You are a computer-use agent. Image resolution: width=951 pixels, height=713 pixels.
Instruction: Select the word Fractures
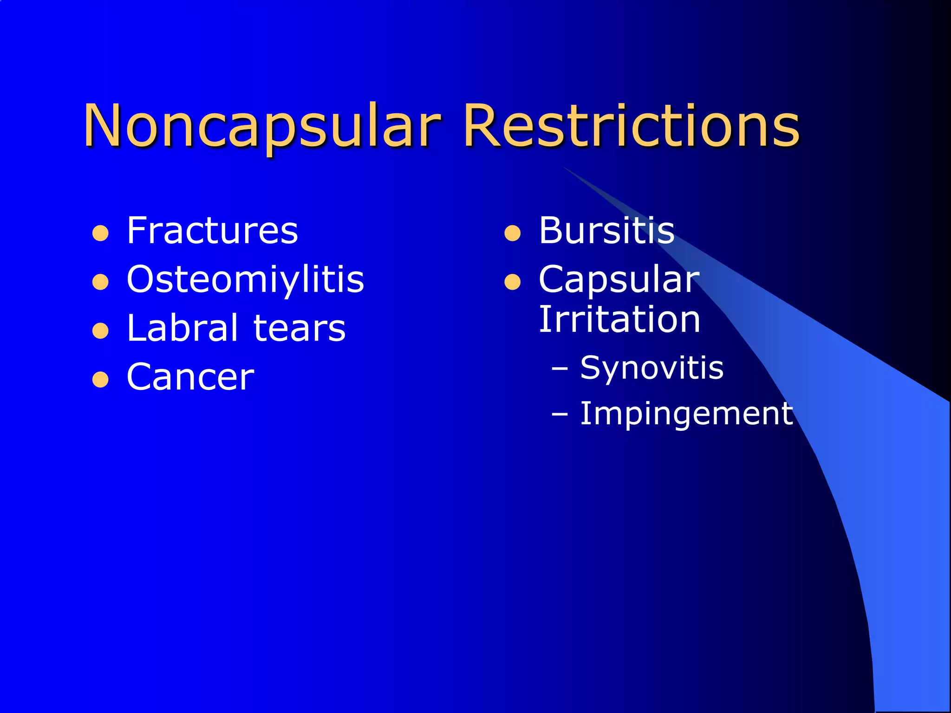pyautogui.click(x=212, y=231)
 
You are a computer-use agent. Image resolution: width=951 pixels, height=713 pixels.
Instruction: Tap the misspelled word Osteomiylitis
pyautogui.click(x=245, y=280)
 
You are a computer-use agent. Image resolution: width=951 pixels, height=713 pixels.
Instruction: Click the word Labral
pyautogui.click(x=182, y=328)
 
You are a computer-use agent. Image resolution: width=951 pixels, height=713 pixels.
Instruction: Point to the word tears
pyautogui.click(x=300, y=328)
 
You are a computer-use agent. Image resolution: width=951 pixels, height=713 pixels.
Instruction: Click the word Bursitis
pyautogui.click(x=606, y=231)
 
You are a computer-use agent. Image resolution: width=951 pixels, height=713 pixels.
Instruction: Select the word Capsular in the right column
pyautogui.click(x=619, y=280)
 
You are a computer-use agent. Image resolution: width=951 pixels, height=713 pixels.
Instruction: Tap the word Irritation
pyautogui.click(x=619, y=320)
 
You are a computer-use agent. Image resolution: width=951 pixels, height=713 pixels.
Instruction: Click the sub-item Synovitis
pyautogui.click(x=651, y=368)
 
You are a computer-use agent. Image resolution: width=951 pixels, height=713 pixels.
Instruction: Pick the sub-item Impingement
pyautogui.click(x=686, y=414)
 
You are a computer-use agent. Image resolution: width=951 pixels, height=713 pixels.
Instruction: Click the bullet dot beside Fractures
pyautogui.click(x=100, y=233)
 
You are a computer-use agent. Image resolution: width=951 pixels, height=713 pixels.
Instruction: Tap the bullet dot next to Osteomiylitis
pyautogui.click(x=100, y=282)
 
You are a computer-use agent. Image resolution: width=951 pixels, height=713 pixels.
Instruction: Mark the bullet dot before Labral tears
pyautogui.click(x=100, y=331)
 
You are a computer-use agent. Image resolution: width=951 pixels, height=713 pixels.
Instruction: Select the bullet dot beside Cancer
pyautogui.click(x=100, y=380)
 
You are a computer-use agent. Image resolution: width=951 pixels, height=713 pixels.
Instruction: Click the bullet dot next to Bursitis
pyautogui.click(x=512, y=233)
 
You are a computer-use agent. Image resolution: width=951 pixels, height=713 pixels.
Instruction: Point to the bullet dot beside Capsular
pyautogui.click(x=512, y=282)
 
